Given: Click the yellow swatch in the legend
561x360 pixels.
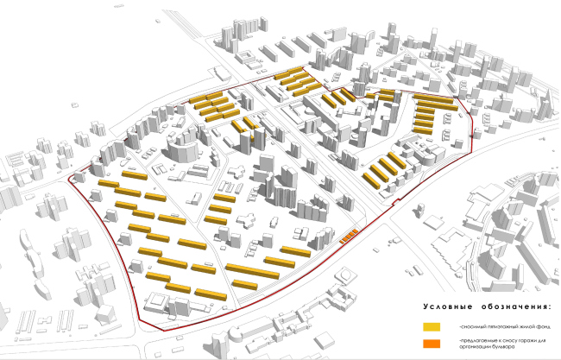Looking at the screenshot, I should (x=432, y=327).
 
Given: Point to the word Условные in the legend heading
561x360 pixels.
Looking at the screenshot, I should (x=449, y=307).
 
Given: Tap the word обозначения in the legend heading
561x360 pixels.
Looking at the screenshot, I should (x=512, y=307).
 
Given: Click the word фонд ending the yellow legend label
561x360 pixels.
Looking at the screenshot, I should (x=536, y=327).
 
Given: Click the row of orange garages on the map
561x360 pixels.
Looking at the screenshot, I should (x=349, y=236).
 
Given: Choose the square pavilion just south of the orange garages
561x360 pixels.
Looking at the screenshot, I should (x=348, y=275).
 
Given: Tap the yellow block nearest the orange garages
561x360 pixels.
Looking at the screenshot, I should (x=295, y=251).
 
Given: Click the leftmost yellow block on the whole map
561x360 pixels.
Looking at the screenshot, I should (x=108, y=184).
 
